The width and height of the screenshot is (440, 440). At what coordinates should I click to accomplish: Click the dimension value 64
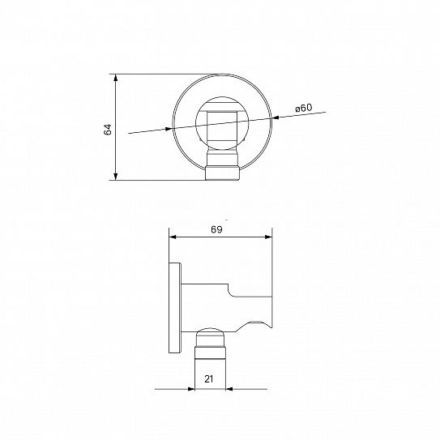click(x=108, y=129)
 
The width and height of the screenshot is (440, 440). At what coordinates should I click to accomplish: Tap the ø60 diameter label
click(x=303, y=108)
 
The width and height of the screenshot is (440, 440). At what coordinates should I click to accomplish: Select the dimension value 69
click(x=216, y=229)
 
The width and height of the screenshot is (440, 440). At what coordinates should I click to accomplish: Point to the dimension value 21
click(x=209, y=379)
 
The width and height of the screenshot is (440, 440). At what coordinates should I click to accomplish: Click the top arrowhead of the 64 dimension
click(x=116, y=78)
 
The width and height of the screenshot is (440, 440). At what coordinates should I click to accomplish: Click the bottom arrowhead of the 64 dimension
click(x=116, y=176)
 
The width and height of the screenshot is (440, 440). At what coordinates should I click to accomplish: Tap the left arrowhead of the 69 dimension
click(x=173, y=237)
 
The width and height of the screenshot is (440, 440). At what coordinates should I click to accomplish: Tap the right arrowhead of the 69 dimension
click(x=268, y=237)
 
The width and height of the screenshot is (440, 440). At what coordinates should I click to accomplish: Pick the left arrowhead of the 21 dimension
click(x=191, y=389)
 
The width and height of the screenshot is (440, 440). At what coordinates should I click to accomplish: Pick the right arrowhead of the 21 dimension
click(x=229, y=389)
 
